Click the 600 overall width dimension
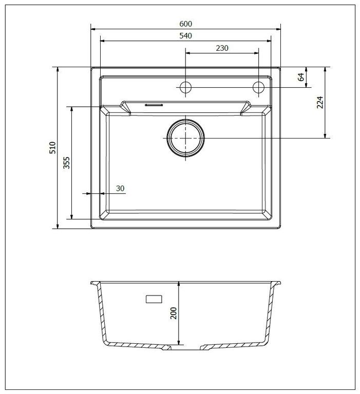[186, 24]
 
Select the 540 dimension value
[186, 36]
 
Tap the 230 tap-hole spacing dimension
[222, 48]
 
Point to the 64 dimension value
[301, 77]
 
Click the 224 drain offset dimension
[320, 102]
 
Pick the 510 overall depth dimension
[52, 148]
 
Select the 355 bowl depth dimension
[66, 163]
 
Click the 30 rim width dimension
[120, 188]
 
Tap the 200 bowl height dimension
[174, 313]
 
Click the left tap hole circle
[185, 87]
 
